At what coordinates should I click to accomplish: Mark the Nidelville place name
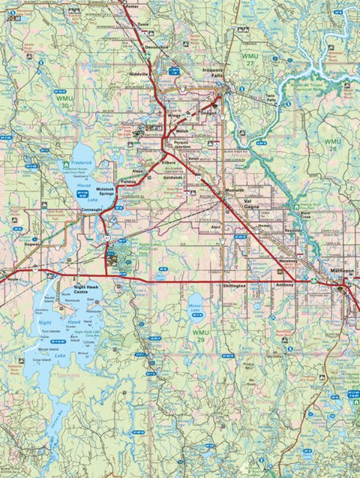click(x=141, y=75)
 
